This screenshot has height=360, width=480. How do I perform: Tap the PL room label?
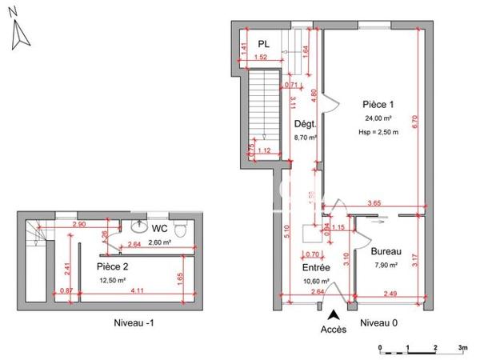click(263, 45)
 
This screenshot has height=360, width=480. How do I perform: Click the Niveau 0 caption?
click(381, 322)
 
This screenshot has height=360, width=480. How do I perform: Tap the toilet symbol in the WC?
click(182, 231)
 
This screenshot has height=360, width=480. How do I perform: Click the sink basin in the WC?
click(141, 227)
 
